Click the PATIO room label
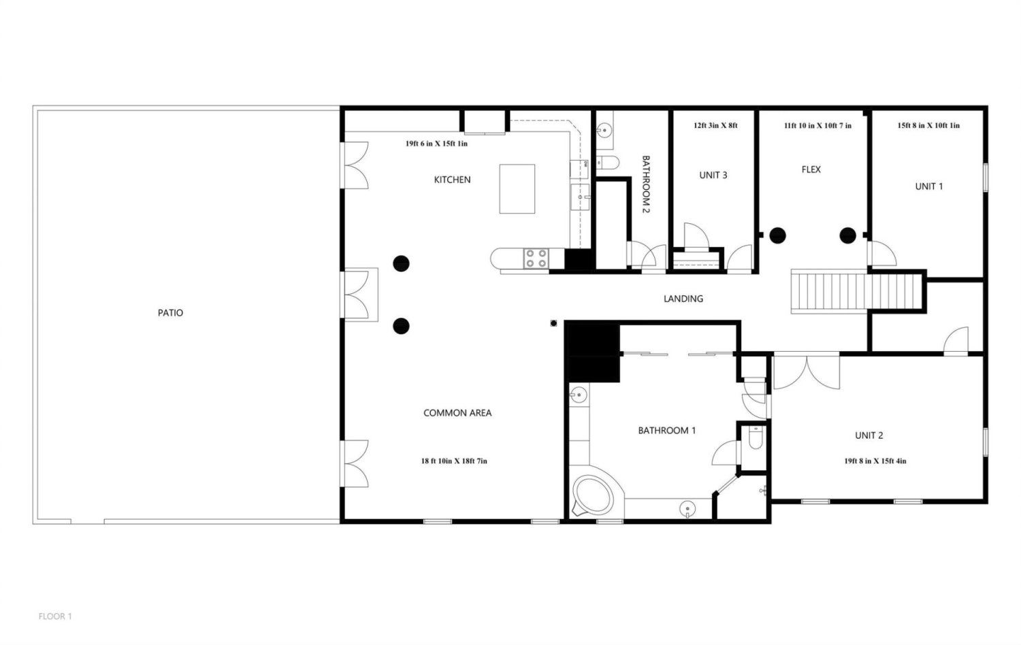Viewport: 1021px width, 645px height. tap(170, 312)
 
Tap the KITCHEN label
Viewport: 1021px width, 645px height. tap(452, 180)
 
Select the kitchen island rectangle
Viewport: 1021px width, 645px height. tap(517, 189)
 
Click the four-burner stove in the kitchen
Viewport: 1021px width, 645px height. tap(536, 259)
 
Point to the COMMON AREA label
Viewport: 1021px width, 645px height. tap(457, 413)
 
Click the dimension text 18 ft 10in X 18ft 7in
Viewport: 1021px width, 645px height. tap(454, 461)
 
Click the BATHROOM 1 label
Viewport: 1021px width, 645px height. tap(667, 431)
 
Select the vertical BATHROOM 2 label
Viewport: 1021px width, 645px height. tap(645, 184)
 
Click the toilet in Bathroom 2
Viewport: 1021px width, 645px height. tap(608, 162)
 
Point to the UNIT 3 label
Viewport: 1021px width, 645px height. tap(713, 176)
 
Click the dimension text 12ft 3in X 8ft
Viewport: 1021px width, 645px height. tap(715, 125)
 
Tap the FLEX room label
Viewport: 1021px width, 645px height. tap(811, 169)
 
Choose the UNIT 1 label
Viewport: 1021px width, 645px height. tap(929, 186)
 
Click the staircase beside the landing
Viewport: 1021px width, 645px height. tap(856, 291)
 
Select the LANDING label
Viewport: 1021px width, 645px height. tap(683, 299)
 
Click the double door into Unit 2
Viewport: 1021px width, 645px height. tap(807, 371)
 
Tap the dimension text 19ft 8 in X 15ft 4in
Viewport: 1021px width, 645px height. tap(875, 461)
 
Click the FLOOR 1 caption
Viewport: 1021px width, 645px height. tap(55, 616)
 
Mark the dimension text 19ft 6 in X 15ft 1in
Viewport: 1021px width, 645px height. tap(436, 144)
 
